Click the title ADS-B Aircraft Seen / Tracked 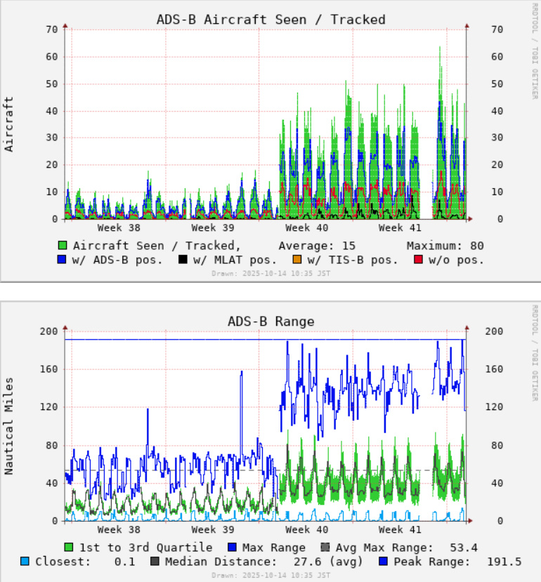click(270, 19)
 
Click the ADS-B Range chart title click(270, 321)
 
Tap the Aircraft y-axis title click(9, 124)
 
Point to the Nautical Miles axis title click(9, 425)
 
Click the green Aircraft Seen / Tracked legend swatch click(63, 246)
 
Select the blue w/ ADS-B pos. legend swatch click(63, 260)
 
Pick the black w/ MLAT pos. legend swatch click(183, 260)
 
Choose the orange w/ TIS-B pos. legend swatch click(297, 260)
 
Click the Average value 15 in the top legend click(346, 246)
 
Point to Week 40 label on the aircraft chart click(306, 228)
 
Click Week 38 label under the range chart click(119, 530)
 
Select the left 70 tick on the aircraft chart click(51, 29)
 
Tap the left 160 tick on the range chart click(48, 369)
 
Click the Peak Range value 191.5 click(504, 562)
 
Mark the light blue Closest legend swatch click(25, 562)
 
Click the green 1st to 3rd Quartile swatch click(69, 548)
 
